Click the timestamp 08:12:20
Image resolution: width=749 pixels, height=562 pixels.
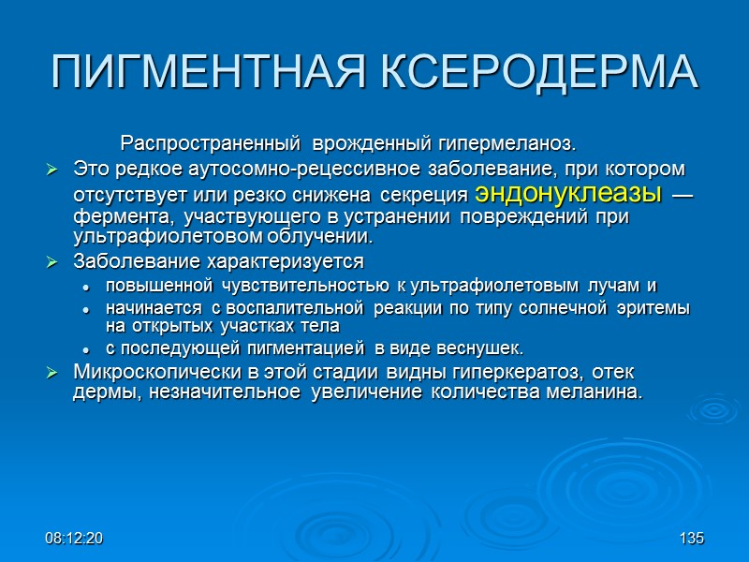click(74, 540)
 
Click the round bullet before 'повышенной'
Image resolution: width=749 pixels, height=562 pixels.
click(86, 285)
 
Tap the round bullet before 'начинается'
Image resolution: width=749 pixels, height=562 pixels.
click(86, 308)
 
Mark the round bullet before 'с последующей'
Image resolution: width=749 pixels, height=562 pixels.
click(86, 348)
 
